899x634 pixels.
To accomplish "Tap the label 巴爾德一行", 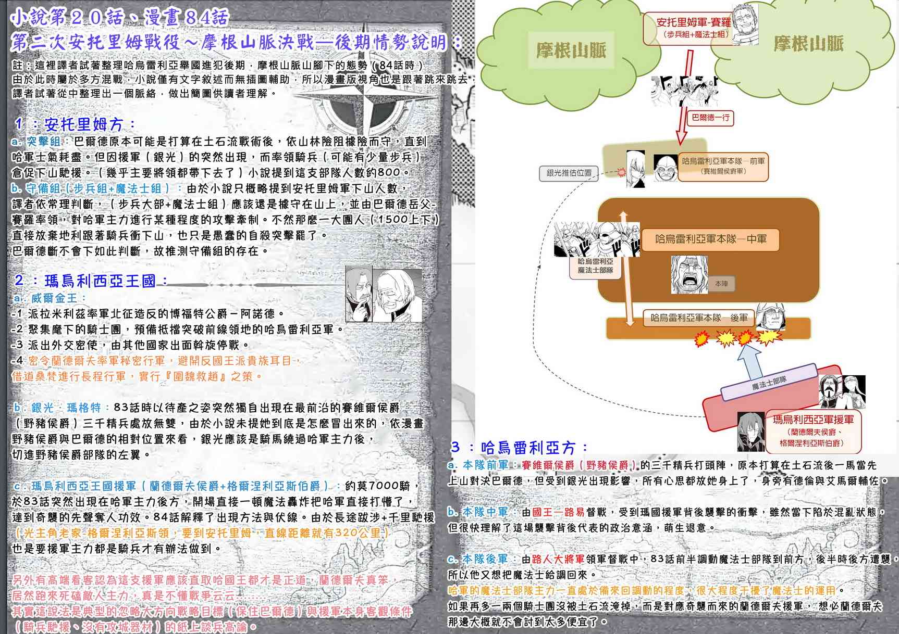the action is [x=710, y=118].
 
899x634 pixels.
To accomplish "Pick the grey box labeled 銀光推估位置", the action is [x=569, y=173].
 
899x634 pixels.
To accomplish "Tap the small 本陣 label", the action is [x=721, y=284].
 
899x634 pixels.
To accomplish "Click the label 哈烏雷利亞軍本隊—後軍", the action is [x=698, y=318].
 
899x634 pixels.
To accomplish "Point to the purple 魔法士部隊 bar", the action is [x=769, y=384].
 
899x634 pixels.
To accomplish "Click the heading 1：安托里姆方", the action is [x=76, y=124].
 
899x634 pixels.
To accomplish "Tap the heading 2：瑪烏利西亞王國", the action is [x=91, y=281].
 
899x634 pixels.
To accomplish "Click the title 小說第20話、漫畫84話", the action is [x=120, y=18].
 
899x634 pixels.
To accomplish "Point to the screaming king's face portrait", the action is [x=689, y=274].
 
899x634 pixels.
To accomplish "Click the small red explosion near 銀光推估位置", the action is [x=621, y=172].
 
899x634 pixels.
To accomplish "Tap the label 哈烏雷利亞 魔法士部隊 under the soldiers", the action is [x=595, y=266].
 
